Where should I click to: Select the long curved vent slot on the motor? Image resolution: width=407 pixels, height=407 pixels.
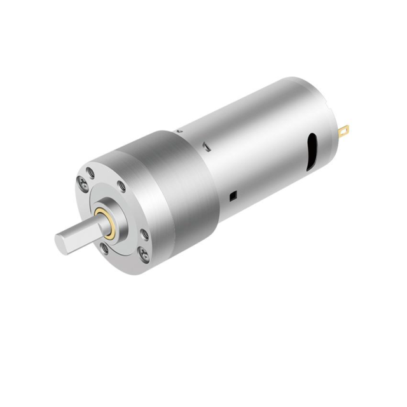[x=312, y=151]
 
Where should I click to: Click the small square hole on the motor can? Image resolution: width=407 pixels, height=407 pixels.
[x=233, y=194]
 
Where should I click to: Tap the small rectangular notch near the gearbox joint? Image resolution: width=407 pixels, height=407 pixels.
[x=207, y=148]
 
